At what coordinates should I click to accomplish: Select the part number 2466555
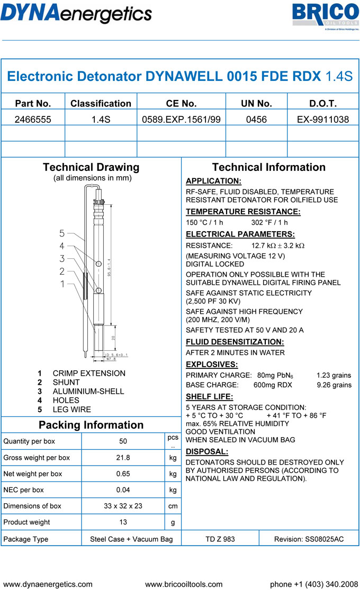coord(33,120)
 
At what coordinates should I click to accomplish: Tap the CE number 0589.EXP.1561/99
coord(181,120)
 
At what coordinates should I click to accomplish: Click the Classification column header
coord(101,103)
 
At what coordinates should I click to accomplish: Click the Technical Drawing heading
coord(91,167)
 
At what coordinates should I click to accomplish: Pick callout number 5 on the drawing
coord(62,233)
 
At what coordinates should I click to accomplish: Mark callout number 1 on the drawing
coord(62,284)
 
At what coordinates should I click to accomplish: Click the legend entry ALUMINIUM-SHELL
coord(88,392)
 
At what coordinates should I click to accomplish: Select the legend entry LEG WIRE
coord(71,410)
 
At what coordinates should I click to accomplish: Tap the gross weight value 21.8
coord(123,458)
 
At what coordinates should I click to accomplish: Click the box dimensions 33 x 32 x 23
coord(123,506)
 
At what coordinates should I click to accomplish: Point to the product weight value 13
coord(123,522)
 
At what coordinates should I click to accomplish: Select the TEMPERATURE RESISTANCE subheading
coord(243,212)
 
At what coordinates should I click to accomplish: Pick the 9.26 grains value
coord(334,385)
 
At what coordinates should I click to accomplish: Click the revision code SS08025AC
coord(309,539)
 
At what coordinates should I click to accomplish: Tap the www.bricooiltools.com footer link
coord(184,584)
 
